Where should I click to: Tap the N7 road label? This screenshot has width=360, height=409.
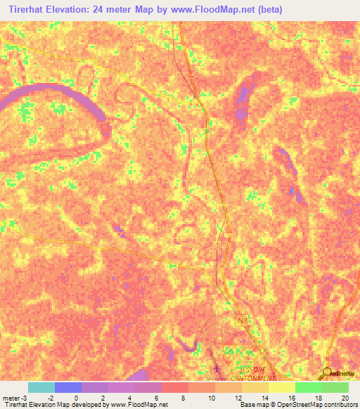[243, 321]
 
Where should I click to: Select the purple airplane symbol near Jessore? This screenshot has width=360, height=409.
[217, 368]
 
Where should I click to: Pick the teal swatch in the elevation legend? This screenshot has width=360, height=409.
[41, 387]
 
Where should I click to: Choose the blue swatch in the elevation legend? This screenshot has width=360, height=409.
[68, 387]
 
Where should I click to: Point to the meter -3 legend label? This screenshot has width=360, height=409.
[15, 398]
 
